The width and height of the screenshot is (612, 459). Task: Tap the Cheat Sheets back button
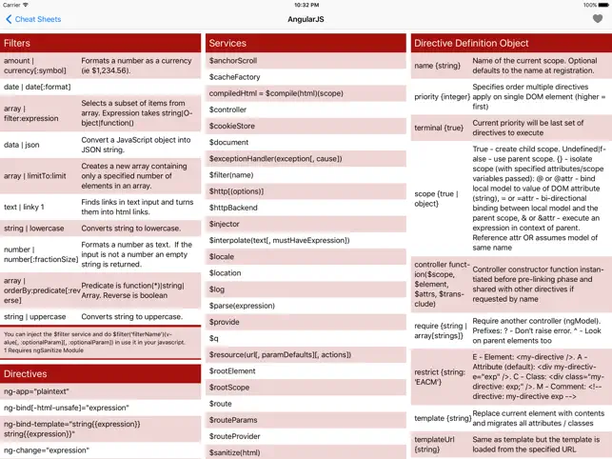34,19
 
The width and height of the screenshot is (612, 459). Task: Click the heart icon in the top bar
597,19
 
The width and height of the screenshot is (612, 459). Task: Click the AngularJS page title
306,19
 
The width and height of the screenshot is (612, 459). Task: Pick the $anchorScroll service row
234,61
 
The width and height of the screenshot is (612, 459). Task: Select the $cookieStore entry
232,126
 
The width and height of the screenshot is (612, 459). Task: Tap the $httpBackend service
234,208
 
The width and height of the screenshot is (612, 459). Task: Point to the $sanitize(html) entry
235,452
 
